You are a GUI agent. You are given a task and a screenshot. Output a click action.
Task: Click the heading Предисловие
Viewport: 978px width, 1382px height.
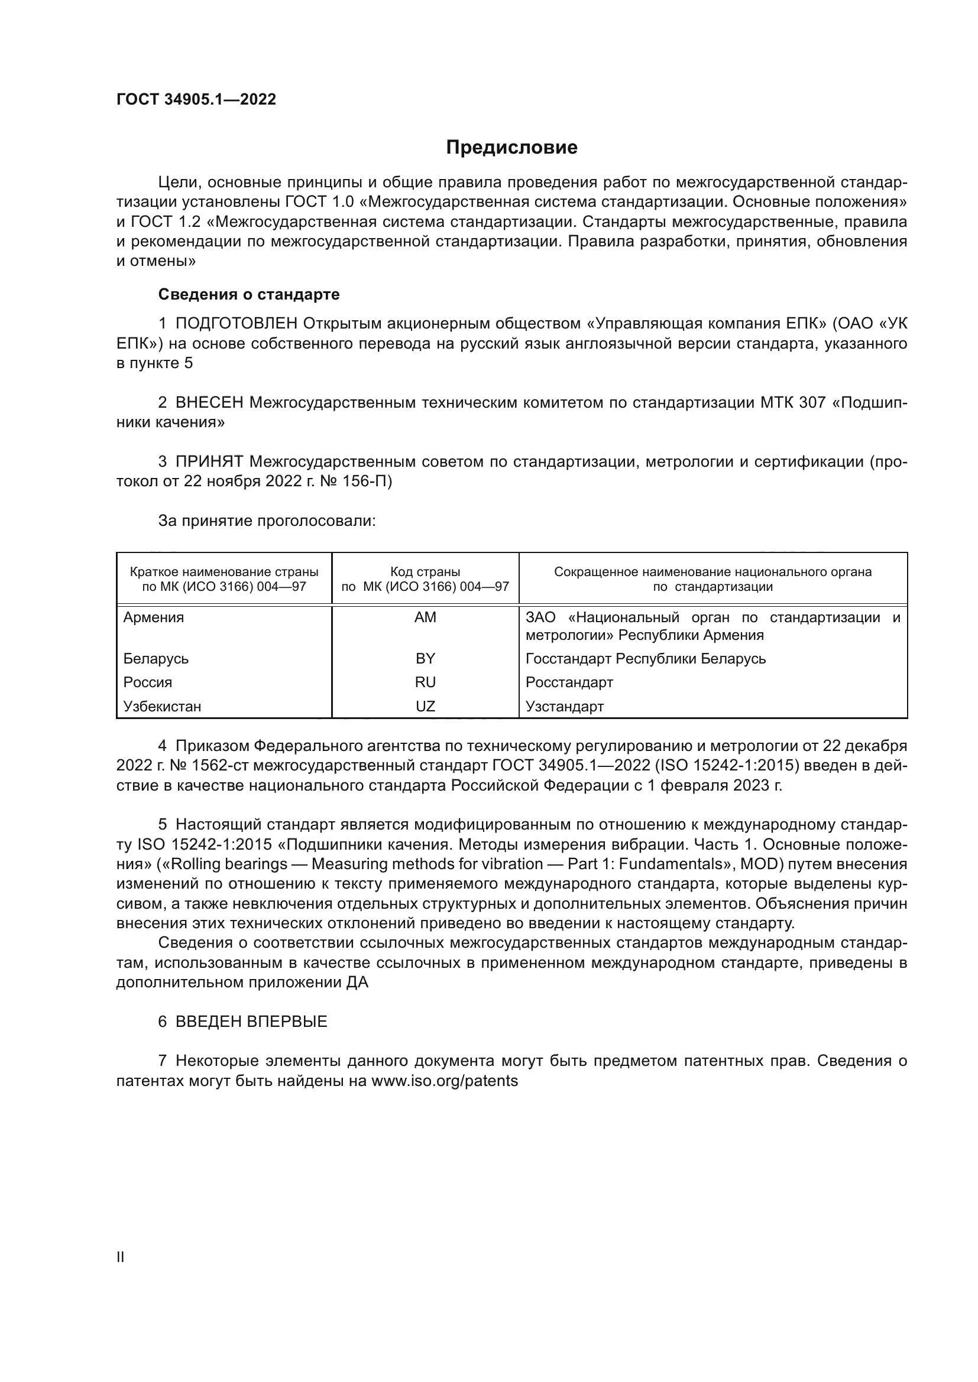[511, 148]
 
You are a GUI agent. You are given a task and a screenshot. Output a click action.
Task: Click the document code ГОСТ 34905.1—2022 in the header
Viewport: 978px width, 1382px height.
[196, 100]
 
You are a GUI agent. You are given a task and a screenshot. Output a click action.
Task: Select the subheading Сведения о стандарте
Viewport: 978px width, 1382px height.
[249, 294]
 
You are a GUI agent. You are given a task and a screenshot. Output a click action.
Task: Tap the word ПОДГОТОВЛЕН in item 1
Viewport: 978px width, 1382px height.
[237, 324]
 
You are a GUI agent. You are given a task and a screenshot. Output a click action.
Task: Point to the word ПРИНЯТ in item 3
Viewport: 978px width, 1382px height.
[209, 461]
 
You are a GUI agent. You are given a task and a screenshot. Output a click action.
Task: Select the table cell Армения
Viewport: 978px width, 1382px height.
[154, 617]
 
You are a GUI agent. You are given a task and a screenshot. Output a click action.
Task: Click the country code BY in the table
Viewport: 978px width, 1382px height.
[425, 658]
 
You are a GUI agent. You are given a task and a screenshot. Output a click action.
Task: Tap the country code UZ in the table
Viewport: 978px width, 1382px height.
[425, 706]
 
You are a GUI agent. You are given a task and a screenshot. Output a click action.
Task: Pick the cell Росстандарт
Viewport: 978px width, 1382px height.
[569, 682]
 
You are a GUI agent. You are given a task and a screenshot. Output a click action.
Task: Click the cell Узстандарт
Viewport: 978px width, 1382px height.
[564, 706]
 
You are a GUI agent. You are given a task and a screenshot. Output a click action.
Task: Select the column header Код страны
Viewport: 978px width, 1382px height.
[425, 572]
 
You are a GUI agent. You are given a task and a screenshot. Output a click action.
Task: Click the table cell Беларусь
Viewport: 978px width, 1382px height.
[156, 658]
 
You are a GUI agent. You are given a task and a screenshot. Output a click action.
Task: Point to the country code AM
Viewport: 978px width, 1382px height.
[425, 617]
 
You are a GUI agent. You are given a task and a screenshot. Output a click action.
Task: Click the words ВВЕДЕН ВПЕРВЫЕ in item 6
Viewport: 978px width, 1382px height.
[251, 1022]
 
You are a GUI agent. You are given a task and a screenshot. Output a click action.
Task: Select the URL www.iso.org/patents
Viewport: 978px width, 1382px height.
[445, 1081]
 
